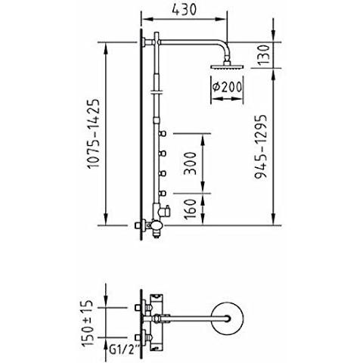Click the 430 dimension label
pyautogui.click(x=184, y=10)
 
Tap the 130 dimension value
pyautogui.click(x=264, y=55)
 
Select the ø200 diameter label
pyautogui.click(x=227, y=87)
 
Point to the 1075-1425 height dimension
pyautogui.click(x=93, y=134)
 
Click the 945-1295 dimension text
pyautogui.click(x=261, y=147)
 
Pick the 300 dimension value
pyautogui.click(x=190, y=163)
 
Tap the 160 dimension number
pyautogui.click(x=190, y=209)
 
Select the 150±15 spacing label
pyautogui.click(x=88, y=323)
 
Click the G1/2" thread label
pyautogui.click(x=125, y=350)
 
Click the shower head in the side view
pyautogui.click(x=227, y=67)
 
